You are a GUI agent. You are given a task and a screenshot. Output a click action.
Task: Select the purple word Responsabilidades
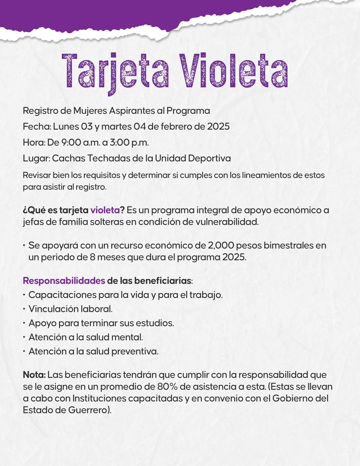pos(64,281)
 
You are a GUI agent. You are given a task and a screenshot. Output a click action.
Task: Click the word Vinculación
pos(53,309)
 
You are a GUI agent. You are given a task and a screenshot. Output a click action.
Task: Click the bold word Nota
pos(34,375)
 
